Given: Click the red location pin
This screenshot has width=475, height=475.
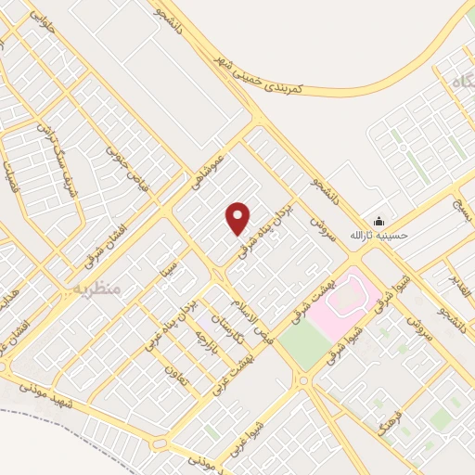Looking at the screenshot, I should click(238, 218).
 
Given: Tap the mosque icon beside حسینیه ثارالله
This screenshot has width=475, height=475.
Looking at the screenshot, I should click(379, 221).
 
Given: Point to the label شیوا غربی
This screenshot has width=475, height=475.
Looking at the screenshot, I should click(244, 418).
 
